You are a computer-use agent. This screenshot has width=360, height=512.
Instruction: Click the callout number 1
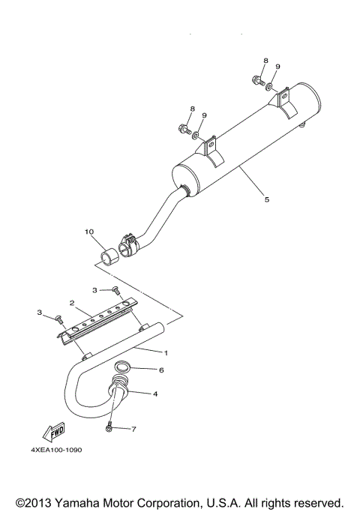pos(166,352)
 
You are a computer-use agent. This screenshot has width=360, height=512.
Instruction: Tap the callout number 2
pos(71,304)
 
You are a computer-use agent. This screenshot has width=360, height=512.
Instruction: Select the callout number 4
pos(155,393)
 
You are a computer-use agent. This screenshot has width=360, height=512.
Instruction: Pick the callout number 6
pos(160,370)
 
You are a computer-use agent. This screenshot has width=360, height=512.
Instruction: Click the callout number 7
pos(134,429)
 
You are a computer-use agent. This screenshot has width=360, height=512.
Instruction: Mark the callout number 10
pos(89,233)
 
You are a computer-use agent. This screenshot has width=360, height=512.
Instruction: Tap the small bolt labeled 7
pos(109,427)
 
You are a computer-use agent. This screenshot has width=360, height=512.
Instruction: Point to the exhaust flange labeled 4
pos(120,390)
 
